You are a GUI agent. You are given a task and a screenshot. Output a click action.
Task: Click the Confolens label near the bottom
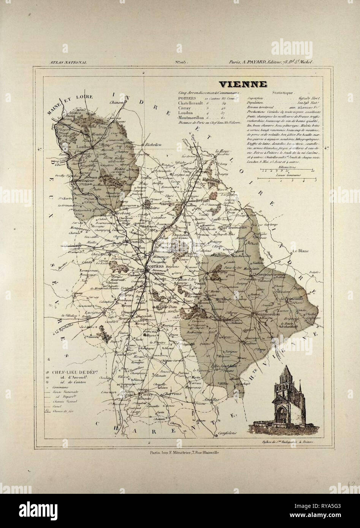[228, 433]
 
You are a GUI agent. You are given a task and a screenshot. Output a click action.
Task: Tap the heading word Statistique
[282, 92]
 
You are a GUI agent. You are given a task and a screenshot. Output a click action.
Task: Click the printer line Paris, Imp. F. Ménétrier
[180, 452]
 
